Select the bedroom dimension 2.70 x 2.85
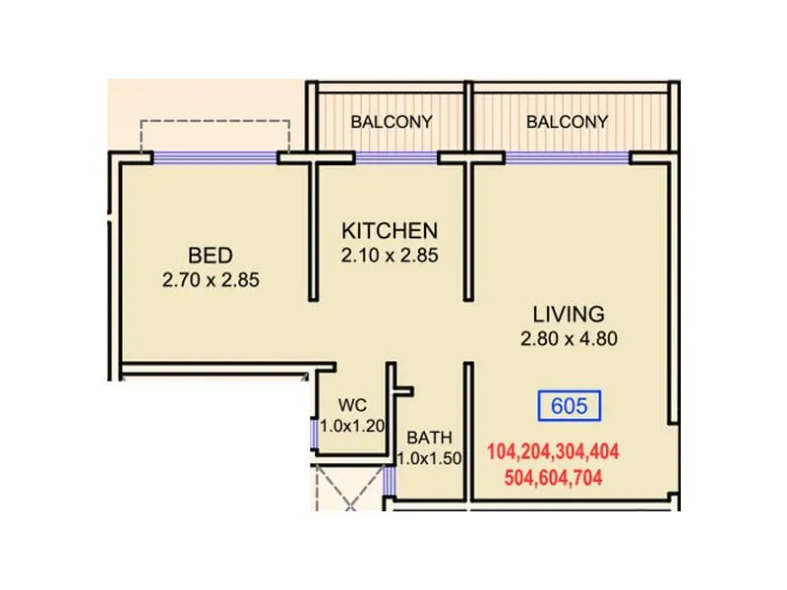(x=211, y=280)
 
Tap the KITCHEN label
(x=389, y=231)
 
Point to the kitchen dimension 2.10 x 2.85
(x=389, y=256)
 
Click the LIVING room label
(x=568, y=315)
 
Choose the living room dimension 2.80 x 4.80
(x=568, y=340)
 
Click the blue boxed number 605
(x=569, y=405)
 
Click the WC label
(x=352, y=405)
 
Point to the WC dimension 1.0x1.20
(x=352, y=427)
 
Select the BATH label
(x=430, y=437)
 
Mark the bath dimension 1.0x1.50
(x=430, y=458)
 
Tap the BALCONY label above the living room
(x=567, y=122)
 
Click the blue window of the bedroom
(x=214, y=156)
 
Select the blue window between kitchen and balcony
(x=395, y=156)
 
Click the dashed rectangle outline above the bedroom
(x=214, y=122)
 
